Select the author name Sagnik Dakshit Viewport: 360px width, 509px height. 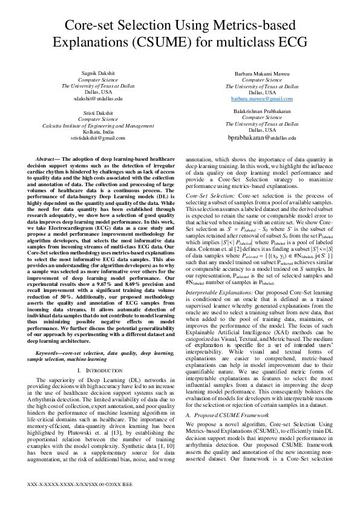pos(98,73)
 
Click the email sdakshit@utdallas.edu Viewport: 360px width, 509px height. pos(98,97)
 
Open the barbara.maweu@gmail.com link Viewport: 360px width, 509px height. pos(262,98)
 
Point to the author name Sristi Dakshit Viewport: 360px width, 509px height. pos(98,113)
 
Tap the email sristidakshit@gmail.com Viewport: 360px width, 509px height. pos(98,138)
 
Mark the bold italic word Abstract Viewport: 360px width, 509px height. pos(50,158)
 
